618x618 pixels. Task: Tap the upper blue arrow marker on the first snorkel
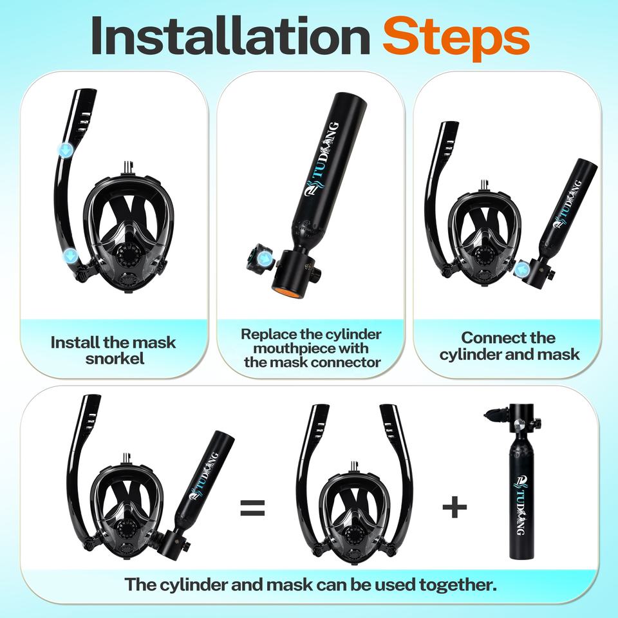(x=64, y=149)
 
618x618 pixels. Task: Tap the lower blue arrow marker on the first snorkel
(x=71, y=256)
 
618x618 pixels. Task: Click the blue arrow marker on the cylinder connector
(x=263, y=259)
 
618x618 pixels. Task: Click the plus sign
(x=454, y=507)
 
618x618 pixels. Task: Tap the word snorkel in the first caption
(x=115, y=359)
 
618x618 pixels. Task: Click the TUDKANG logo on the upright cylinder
(x=520, y=505)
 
